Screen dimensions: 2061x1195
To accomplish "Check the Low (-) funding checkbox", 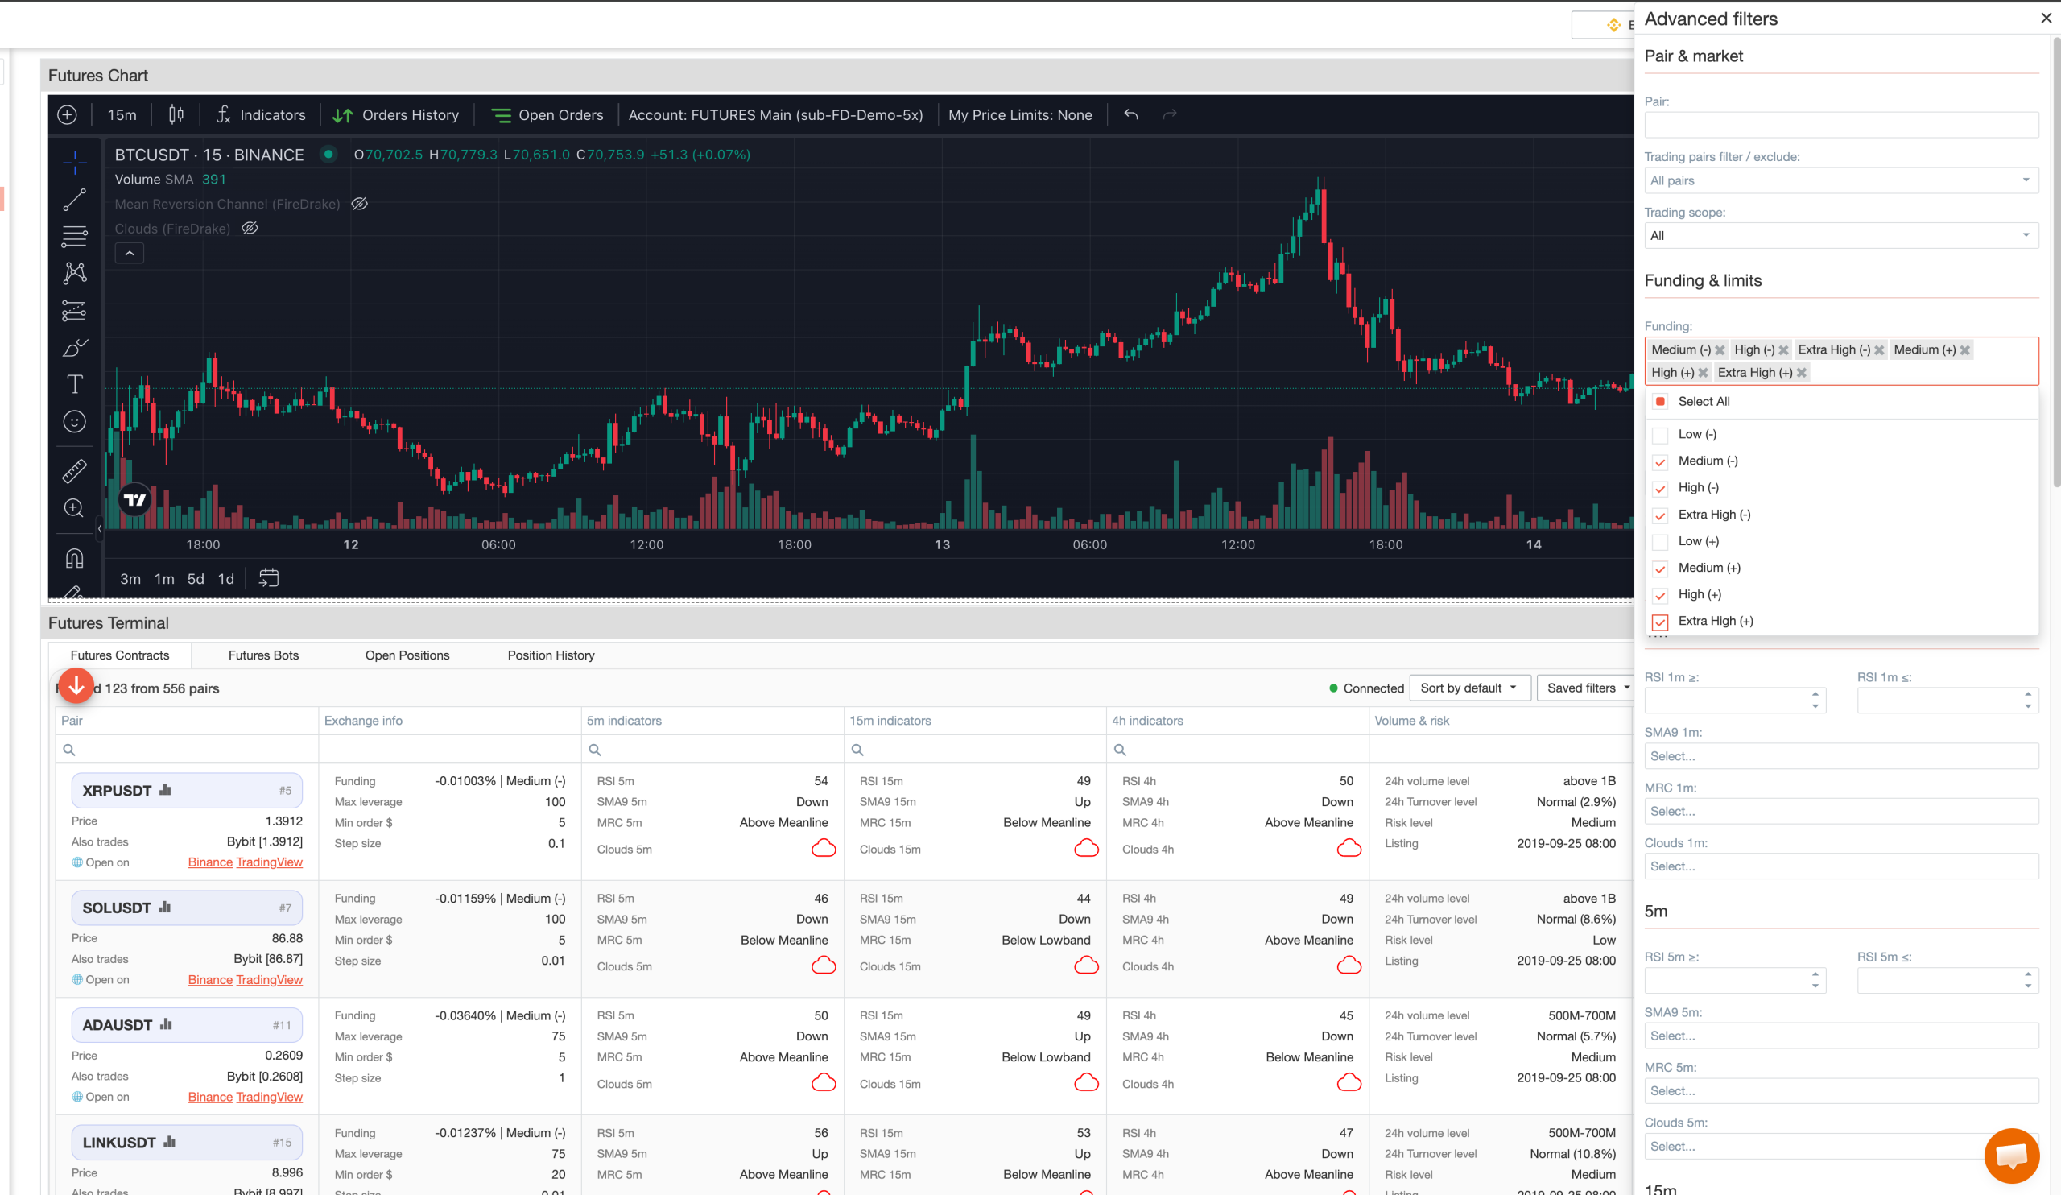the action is tap(1659, 435).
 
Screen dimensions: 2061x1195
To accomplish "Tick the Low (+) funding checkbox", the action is tap(1659, 542).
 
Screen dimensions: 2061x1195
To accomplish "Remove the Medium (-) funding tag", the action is tap(1720, 350).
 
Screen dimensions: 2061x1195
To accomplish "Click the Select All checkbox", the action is tap(1659, 402).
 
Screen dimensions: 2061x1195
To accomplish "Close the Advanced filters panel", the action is tap(2046, 18).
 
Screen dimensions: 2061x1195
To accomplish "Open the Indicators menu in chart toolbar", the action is tap(261, 115).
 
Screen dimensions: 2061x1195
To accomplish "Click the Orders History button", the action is tap(396, 115).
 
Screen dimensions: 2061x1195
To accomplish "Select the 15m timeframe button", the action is tap(122, 115).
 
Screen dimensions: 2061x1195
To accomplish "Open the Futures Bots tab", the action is tap(263, 655).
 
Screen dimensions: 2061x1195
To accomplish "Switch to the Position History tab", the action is tap(551, 655).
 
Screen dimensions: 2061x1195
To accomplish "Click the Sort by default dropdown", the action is tap(1468, 688).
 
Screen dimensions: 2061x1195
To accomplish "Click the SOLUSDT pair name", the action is tap(116, 908).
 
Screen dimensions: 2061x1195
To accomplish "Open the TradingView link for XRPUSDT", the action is tap(269, 862).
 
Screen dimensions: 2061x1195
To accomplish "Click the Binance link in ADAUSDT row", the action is tap(210, 1097).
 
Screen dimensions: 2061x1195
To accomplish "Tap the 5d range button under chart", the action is tap(196, 579).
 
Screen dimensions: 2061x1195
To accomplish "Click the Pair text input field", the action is tap(1841, 125).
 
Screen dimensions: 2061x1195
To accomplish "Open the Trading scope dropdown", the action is tap(1841, 236).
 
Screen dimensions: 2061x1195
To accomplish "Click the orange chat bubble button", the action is tap(2011, 1155).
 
